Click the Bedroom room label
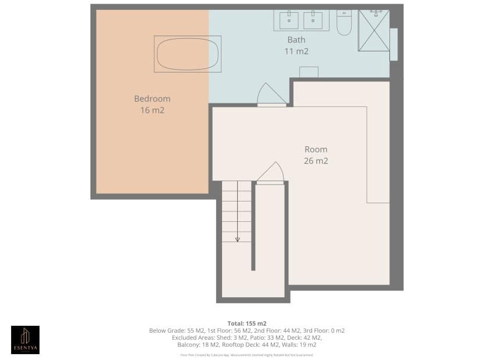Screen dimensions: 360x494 click(x=152, y=99)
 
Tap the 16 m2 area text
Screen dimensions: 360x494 click(x=152, y=110)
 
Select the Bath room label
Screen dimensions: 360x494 click(x=296, y=40)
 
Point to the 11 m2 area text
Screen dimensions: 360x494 click(x=296, y=51)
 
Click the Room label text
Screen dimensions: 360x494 click(x=316, y=149)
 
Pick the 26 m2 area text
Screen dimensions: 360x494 click(x=316, y=161)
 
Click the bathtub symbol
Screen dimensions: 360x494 click(x=187, y=54)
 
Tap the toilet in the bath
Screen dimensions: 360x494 click(x=344, y=21)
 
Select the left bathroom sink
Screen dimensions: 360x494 click(x=289, y=20)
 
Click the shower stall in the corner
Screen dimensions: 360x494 click(x=374, y=30)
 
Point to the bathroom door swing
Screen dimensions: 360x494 click(x=271, y=95)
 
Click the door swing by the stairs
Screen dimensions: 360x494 click(x=270, y=173)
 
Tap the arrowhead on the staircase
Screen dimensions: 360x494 click(x=237, y=239)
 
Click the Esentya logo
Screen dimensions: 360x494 click(x=26, y=340)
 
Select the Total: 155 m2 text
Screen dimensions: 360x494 click(x=247, y=323)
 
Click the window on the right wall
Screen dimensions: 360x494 click(x=393, y=44)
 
